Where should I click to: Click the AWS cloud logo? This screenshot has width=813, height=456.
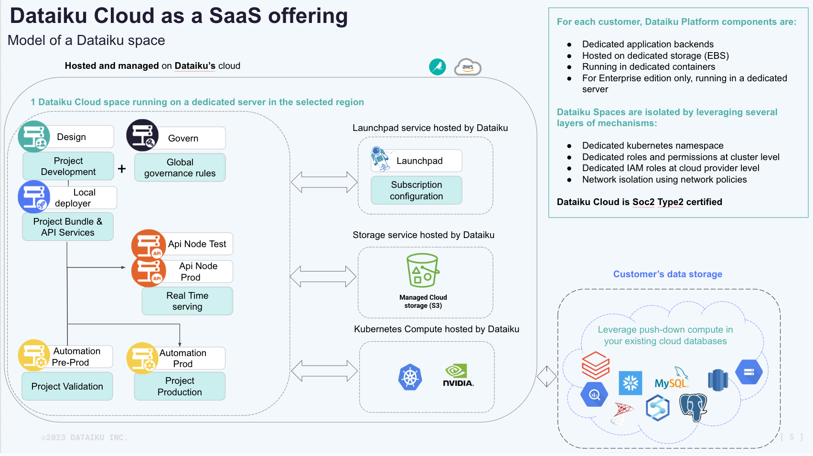click(x=468, y=67)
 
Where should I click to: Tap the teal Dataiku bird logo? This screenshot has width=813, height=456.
click(x=437, y=67)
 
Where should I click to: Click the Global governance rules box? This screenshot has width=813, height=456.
click(x=180, y=168)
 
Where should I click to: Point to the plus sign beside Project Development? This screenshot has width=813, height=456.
click(x=122, y=169)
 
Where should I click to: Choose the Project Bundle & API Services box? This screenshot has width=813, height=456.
click(x=68, y=227)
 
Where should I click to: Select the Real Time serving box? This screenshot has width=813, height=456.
click(x=187, y=301)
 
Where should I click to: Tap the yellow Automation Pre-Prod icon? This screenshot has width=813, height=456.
click(x=33, y=356)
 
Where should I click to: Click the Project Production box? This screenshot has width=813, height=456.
click(x=180, y=386)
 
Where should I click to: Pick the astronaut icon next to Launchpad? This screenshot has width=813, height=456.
click(x=380, y=159)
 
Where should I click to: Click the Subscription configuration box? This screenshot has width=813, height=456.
click(x=416, y=190)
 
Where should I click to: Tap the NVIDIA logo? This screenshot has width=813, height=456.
click(x=458, y=376)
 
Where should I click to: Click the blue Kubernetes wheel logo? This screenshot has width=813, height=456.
click(x=410, y=377)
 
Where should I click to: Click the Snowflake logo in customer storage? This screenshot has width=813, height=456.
click(x=630, y=383)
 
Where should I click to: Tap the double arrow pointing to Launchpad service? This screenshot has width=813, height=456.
click(x=324, y=182)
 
